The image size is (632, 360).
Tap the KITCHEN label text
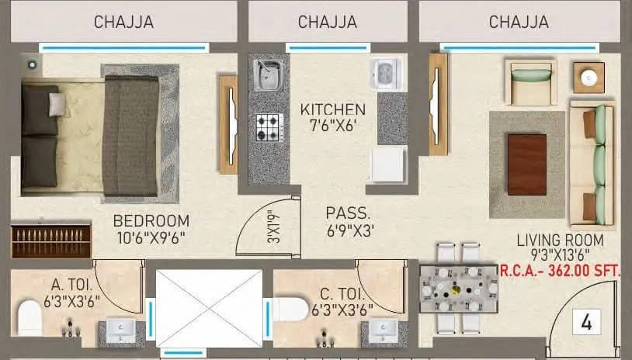(x=332, y=109)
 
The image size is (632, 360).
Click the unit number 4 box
(x=585, y=322)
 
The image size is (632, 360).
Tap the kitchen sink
(x=267, y=74)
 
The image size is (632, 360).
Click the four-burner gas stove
(x=269, y=126)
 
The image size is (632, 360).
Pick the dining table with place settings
(x=458, y=289)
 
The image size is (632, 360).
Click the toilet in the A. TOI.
(x=30, y=317)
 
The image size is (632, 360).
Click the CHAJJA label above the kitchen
(x=328, y=22)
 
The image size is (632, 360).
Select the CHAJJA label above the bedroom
(x=123, y=22)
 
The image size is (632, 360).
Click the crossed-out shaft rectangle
(x=209, y=307)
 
